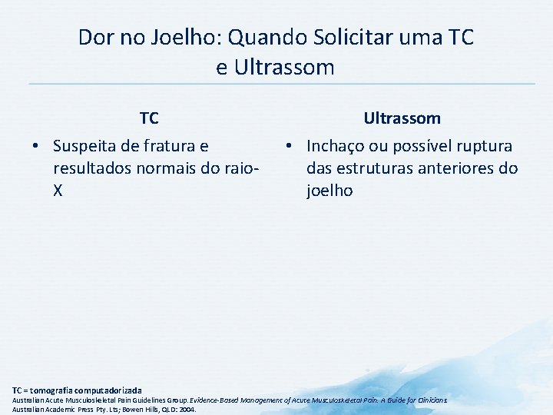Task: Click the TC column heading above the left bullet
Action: click(x=149, y=118)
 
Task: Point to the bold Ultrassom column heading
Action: click(x=402, y=118)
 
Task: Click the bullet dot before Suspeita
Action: click(x=35, y=146)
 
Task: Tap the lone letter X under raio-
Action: click(x=58, y=190)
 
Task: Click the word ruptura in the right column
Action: click(x=483, y=146)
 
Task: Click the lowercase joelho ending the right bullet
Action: click(x=329, y=190)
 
